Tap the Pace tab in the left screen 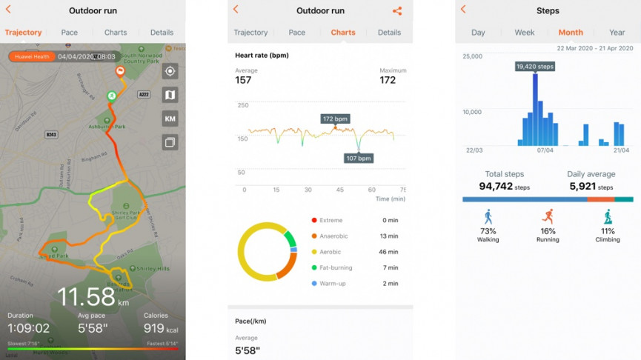point(69,33)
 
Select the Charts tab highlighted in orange point(342,33)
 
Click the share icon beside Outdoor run point(397,11)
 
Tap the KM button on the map point(170,119)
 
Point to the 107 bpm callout point(359,158)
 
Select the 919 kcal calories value point(161,328)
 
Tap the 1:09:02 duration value point(28,328)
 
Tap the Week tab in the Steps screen point(524,33)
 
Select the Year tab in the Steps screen point(617,33)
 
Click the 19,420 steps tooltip point(534,67)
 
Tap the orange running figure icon point(548,216)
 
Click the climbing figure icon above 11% point(608,216)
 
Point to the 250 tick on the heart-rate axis point(242,105)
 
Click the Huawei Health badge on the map point(31,56)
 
